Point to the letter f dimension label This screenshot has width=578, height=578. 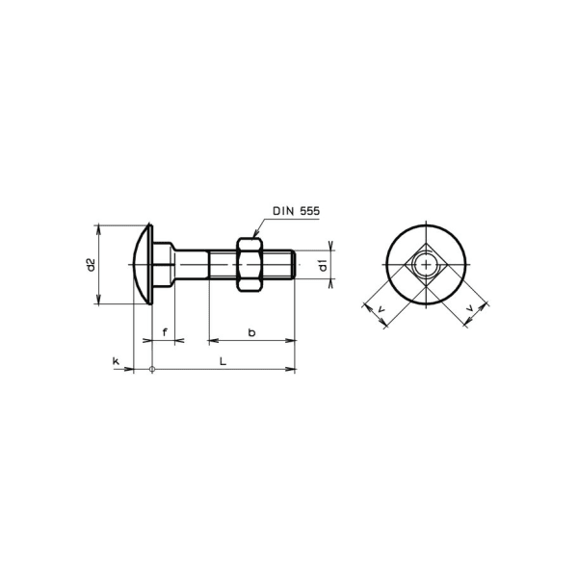[165, 332]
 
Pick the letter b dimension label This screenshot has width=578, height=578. [252, 332]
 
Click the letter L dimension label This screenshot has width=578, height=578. [223, 361]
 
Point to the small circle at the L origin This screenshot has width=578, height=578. [152, 369]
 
